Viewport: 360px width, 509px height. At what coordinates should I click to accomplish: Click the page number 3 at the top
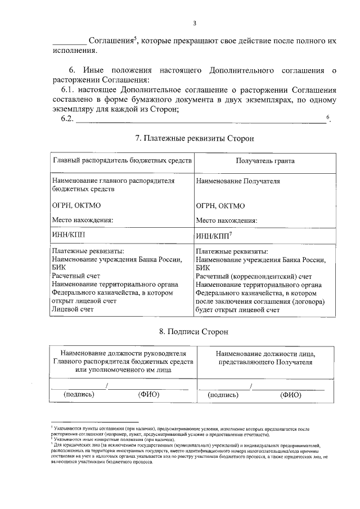[x=194, y=23]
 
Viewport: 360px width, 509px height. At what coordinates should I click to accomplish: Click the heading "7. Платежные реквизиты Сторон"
[x=194, y=138]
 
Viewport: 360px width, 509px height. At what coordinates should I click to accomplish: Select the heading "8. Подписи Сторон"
[x=194, y=333]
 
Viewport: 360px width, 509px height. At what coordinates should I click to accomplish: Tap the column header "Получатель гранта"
[x=266, y=161]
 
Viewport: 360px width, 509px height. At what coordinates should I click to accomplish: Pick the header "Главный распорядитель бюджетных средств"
[x=123, y=161]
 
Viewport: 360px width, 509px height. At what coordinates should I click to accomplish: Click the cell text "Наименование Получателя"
[x=238, y=182]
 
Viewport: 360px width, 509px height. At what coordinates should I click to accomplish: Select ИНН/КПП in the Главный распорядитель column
[x=70, y=233]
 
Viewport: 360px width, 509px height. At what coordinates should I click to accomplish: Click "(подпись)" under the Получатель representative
[x=223, y=395]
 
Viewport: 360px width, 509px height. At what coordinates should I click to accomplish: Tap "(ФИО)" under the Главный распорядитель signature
[x=148, y=394]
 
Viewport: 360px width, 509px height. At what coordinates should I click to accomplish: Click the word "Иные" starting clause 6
[x=94, y=71]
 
